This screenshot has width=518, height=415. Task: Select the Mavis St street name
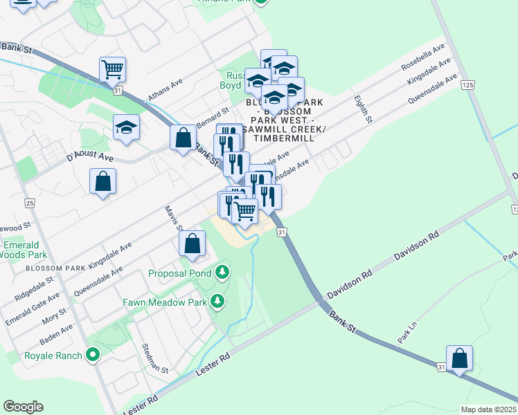point(174,219)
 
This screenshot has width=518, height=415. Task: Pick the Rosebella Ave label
point(423,59)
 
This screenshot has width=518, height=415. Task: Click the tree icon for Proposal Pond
point(222,272)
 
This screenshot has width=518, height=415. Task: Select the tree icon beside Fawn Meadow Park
point(217,301)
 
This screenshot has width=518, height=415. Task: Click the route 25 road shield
point(29,203)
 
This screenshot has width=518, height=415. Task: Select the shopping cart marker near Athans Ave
point(112,68)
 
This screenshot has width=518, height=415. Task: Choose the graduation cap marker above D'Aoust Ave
point(127,127)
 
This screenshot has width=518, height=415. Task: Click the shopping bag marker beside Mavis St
point(193,243)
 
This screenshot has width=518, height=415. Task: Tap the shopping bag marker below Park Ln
point(459,358)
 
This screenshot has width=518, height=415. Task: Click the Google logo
point(23,407)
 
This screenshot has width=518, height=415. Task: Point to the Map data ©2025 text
point(489,409)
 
